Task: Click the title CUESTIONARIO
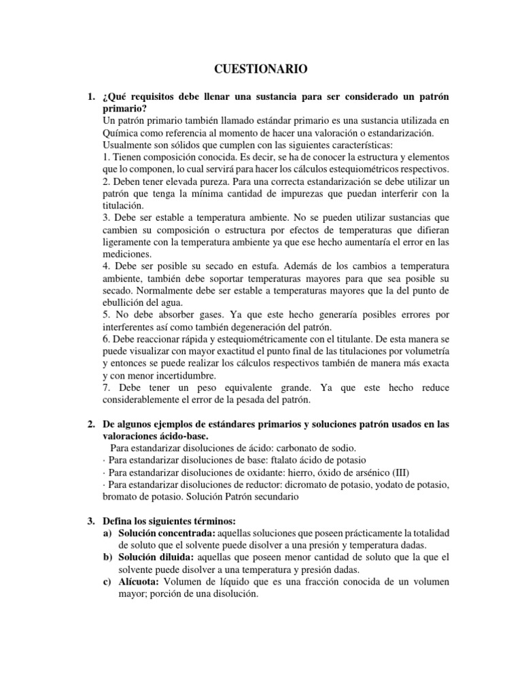pos(261,69)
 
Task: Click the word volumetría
pos(425,351)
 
